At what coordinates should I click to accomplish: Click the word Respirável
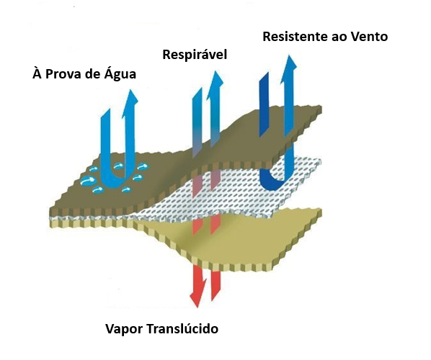pos(195,55)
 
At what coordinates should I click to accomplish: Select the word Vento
pos(371,37)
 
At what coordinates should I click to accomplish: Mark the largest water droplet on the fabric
pos(88,181)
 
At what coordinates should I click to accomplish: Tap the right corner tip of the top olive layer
pos(321,109)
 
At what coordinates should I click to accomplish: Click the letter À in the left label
pos(37,73)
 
